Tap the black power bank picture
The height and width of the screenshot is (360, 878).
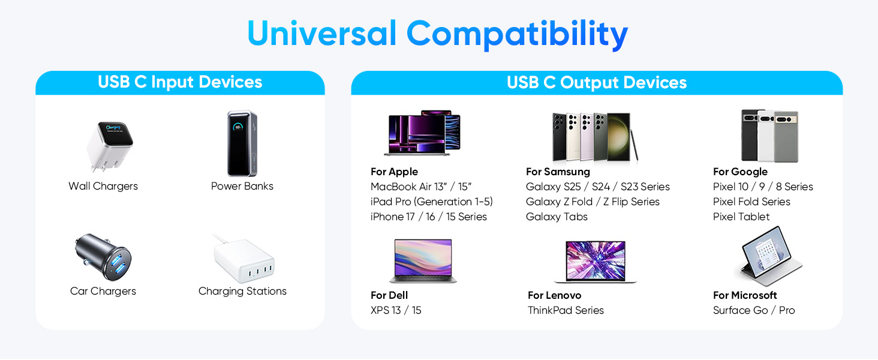pos(242,143)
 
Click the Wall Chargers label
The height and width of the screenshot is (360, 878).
pos(103,186)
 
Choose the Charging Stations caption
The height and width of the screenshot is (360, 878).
pos(242,291)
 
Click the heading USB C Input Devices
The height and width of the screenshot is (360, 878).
pos(180,82)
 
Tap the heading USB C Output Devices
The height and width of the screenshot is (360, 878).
pos(597,82)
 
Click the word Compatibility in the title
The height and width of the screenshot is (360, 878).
pos(517,34)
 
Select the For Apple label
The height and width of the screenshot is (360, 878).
pos(394,172)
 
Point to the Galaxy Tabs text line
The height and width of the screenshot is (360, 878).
pos(557,217)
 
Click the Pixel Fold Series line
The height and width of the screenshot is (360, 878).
pos(751,202)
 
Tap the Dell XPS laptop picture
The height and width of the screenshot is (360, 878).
pos(423,260)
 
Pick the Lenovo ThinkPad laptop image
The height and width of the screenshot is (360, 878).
pos(595,261)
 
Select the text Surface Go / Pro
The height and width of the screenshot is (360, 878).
pos(754,310)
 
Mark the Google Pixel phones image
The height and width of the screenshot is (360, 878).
pos(769,136)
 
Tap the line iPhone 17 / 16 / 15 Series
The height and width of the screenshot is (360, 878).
pos(429,217)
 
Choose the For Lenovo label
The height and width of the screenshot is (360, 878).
pos(554,295)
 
